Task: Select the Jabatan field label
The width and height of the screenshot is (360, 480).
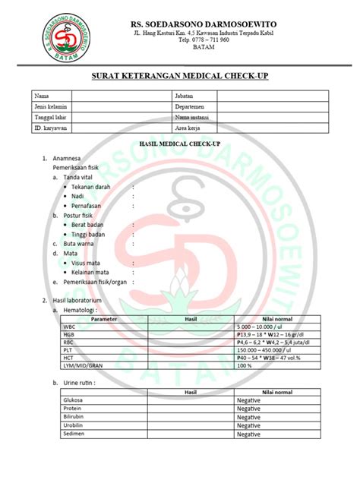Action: click(185, 96)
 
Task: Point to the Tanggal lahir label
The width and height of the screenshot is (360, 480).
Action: click(49, 118)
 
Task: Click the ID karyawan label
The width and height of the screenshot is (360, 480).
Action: click(49, 128)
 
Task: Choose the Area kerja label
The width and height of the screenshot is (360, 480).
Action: click(189, 128)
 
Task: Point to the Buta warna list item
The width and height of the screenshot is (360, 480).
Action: click(78, 244)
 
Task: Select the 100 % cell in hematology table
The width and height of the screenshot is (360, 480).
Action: click(245, 365)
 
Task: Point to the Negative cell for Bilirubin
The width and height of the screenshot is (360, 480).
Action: click(249, 417)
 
